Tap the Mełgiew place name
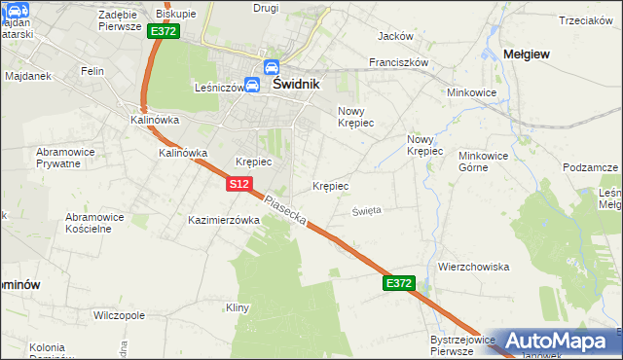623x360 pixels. [527, 54]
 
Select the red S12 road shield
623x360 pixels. [240, 184]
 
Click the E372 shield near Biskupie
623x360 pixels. [164, 32]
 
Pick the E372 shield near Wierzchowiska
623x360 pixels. [399, 283]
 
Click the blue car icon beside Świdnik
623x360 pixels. [251, 85]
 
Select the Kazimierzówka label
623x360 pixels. [224, 221]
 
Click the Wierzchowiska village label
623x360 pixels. [474, 267]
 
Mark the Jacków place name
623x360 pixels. [395, 36]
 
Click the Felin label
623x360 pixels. [92, 71]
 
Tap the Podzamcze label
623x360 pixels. [592, 167]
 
